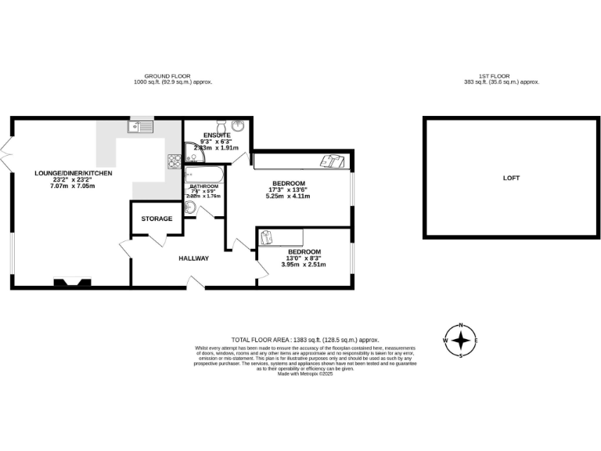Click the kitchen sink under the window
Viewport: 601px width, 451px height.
(142, 124)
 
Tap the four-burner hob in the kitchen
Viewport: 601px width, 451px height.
(173, 161)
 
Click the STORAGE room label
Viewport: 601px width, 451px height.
(157, 218)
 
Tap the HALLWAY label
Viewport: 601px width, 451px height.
(193, 258)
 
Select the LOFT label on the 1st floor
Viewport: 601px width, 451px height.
(510, 178)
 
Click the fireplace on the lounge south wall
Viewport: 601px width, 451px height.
(71, 281)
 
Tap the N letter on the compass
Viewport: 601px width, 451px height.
(462, 325)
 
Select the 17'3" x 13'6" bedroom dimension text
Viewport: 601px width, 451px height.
(288, 189)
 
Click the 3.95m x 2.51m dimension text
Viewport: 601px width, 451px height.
(304, 265)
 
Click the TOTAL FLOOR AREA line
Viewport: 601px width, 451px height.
(304, 339)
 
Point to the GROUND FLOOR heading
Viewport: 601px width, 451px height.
(173, 76)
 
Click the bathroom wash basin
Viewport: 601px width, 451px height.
(191, 207)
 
